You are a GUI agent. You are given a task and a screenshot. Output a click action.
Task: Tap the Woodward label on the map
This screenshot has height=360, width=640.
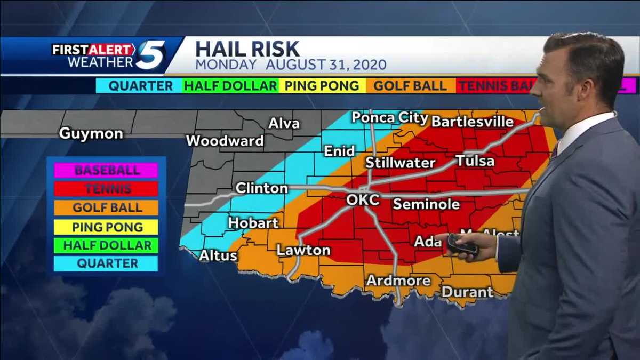point(225,141)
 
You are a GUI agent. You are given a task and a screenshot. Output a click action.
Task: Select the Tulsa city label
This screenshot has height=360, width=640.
point(475,161)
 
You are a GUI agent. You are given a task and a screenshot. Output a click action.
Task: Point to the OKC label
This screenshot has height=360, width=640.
point(363,200)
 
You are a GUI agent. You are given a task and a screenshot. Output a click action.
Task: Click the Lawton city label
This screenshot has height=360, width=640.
point(303,250)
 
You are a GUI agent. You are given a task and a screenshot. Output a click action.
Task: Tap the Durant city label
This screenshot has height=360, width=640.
point(467,292)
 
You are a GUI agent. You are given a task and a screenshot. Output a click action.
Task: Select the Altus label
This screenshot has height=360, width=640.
point(218,255)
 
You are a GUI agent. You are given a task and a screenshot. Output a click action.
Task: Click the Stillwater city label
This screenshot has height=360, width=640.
point(400,163)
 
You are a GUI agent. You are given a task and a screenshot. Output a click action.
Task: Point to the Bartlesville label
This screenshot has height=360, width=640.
point(472,122)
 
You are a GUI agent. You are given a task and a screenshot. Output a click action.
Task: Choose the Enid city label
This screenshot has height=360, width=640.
point(339,151)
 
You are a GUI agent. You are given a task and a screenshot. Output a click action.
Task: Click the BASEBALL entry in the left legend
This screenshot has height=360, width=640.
point(107,170)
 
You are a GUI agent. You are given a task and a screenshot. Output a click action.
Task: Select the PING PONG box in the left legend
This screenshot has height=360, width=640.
point(107,227)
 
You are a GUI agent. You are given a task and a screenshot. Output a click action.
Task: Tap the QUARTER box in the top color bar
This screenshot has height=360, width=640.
point(140,86)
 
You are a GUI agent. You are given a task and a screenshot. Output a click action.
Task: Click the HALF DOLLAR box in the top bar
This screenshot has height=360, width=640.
point(230,86)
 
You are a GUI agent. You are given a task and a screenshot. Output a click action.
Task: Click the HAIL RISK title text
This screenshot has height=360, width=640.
point(247,49)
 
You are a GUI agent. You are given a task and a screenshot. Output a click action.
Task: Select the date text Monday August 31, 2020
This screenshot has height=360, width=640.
point(291,65)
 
